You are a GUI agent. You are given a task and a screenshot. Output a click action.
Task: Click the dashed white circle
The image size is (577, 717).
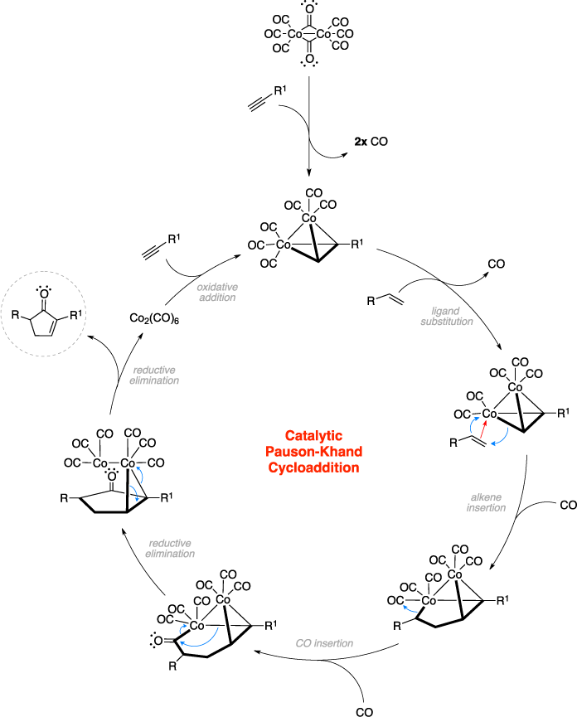43,314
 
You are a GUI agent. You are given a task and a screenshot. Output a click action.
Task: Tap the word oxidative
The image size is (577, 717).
217,287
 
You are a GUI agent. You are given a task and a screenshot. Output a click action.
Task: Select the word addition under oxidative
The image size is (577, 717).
217,298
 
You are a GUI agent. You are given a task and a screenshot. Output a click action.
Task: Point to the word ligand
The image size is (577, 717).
446,311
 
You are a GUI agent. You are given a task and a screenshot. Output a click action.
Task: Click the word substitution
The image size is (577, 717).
447,322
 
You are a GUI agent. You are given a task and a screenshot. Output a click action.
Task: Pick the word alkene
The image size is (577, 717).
486,497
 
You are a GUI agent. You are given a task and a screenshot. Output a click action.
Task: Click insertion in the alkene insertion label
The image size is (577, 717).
486,508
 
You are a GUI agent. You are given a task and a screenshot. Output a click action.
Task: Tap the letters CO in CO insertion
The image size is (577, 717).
303,644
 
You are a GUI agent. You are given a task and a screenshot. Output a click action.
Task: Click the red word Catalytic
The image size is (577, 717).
313,436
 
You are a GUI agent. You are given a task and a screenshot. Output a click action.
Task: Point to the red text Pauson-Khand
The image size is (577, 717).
313,452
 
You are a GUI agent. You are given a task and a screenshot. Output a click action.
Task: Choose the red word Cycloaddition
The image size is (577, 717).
313,468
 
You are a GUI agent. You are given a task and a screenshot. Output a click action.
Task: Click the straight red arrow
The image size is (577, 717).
483,429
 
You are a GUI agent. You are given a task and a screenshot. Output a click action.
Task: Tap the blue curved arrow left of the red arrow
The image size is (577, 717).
473,426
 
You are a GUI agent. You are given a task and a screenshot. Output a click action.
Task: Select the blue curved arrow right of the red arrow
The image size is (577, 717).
502,437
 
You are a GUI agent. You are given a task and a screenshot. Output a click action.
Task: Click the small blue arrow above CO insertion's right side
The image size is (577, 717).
410,609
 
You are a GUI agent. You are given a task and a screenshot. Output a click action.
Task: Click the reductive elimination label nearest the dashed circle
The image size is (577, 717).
154,375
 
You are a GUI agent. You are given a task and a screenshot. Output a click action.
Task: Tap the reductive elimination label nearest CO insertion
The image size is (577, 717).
170,549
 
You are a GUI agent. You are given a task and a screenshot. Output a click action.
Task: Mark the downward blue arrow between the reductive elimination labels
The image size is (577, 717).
134,493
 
